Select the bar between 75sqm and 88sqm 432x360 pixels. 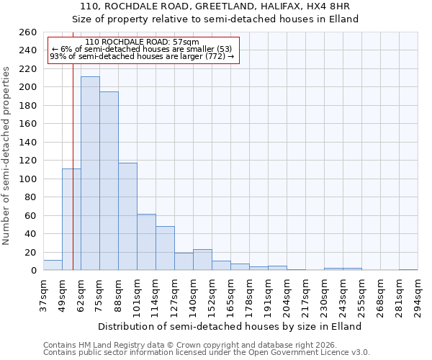109,181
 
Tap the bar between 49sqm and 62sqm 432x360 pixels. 71,220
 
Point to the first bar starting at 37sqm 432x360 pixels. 53,265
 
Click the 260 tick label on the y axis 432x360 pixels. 27,32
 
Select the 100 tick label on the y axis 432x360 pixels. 27,179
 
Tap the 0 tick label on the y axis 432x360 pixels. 33,271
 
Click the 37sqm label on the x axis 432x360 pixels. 43,295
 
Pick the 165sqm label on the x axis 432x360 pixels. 230,295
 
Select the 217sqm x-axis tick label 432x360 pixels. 305,295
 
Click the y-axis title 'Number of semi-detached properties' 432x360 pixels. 6,156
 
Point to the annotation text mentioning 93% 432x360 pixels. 142,56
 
